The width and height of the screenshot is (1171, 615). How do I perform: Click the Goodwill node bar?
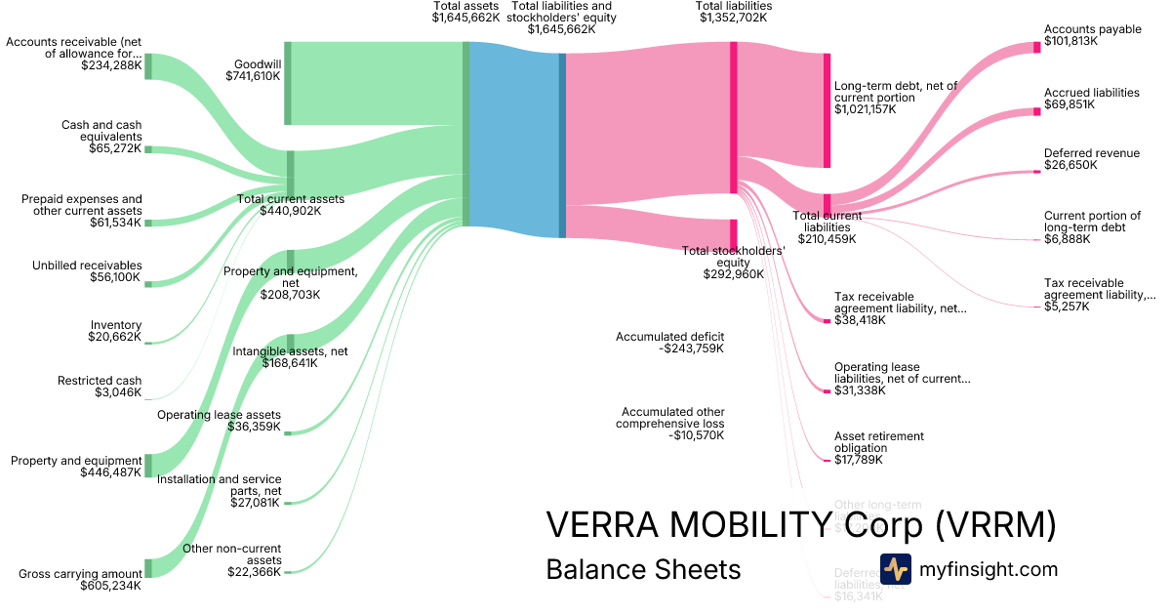coord(288,83)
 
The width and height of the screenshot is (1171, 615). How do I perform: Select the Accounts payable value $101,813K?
coord(1070,42)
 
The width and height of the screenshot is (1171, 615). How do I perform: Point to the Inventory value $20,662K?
coord(114,337)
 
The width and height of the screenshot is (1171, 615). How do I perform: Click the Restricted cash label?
coord(100,381)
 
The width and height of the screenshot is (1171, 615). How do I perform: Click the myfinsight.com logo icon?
coord(895,569)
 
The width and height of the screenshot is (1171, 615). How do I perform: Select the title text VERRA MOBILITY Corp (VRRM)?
coord(800,525)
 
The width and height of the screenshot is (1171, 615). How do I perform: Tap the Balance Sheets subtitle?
coord(643,569)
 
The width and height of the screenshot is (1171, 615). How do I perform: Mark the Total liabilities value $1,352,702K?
coord(733,18)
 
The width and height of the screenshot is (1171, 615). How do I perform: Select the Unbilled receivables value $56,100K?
coord(114,277)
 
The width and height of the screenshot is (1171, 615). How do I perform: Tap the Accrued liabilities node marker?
coord(1037,112)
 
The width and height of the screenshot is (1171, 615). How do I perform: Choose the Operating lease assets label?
coord(219,415)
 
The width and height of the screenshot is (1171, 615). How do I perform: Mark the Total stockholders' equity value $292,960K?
coord(733,274)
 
